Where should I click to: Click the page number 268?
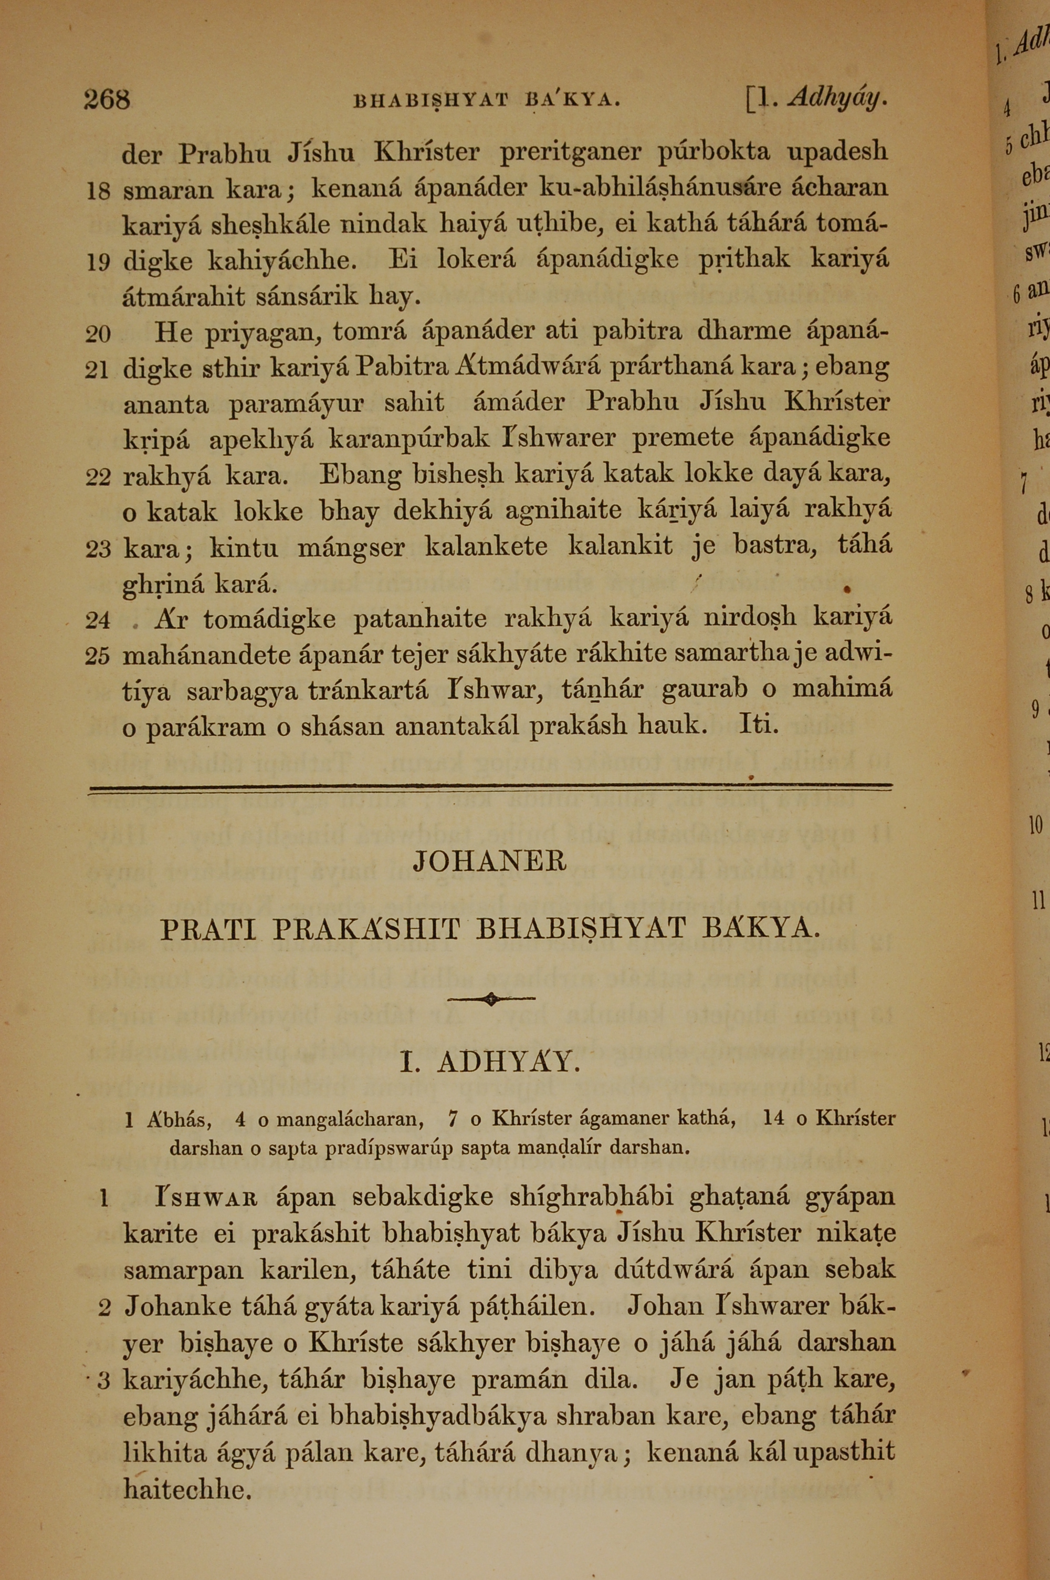pos(107,100)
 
